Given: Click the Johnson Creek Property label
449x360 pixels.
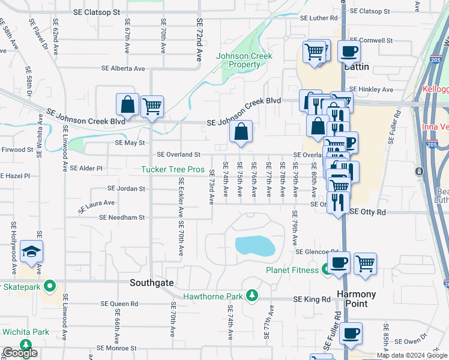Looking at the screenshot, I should [x=244, y=60].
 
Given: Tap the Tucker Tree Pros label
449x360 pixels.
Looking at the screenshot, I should [x=173, y=170].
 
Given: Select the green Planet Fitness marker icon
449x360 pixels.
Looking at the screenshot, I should [x=327, y=270].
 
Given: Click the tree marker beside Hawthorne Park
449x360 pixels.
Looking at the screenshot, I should [x=253, y=296].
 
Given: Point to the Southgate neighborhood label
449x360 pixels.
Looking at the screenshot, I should [x=152, y=282].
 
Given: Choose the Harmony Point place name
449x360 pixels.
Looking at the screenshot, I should [x=356, y=299].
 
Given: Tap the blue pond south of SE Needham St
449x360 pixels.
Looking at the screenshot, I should [x=255, y=245].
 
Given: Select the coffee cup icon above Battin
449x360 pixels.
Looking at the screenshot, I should [x=349, y=52].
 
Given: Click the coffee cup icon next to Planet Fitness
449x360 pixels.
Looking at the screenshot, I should [x=339, y=262].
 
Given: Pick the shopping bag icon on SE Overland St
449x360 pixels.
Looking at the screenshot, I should [x=240, y=132].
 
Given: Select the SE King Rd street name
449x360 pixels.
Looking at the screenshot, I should [x=312, y=299].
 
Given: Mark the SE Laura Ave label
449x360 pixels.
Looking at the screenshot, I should [x=96, y=206].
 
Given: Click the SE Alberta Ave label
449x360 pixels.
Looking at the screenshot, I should [x=123, y=68].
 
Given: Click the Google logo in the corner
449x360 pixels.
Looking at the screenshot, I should [x=20, y=353].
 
